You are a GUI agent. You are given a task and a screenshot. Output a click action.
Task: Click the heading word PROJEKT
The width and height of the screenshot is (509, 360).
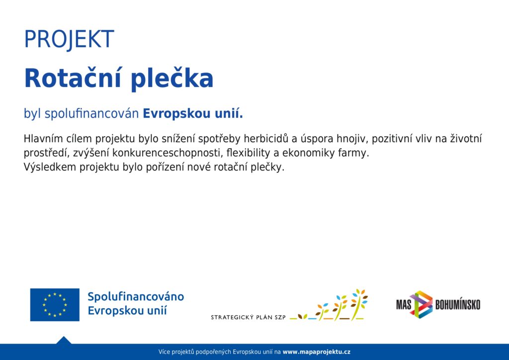tap(69, 39)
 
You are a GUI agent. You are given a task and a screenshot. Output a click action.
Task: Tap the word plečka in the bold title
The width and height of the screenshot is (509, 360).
tap(172, 79)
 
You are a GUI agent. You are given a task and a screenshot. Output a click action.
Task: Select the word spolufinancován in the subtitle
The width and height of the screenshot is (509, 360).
tap(91, 113)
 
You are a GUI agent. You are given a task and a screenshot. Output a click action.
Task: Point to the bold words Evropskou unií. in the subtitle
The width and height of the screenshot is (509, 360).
tap(193, 113)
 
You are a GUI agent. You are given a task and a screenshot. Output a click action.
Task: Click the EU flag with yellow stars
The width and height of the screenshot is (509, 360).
tap(55, 304)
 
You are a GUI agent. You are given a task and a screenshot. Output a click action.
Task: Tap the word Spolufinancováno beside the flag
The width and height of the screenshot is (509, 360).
tap(136, 296)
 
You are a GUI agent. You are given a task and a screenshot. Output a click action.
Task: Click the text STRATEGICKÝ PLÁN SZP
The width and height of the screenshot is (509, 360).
tap(249, 317)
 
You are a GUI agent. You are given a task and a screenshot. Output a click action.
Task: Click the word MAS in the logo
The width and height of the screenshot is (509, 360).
tap(404, 305)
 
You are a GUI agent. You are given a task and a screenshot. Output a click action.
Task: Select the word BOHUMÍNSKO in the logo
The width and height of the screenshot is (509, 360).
tap(458, 305)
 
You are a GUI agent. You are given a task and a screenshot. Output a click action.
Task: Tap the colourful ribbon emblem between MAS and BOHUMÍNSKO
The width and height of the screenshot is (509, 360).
tap(422, 304)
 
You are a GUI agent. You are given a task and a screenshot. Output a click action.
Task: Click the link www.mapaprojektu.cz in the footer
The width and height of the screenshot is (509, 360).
tap(317, 352)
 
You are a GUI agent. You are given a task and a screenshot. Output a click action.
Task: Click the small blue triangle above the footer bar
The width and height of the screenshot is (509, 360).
tap(64, 340)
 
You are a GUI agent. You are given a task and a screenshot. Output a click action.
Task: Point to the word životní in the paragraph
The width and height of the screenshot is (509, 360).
tap(466, 139)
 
